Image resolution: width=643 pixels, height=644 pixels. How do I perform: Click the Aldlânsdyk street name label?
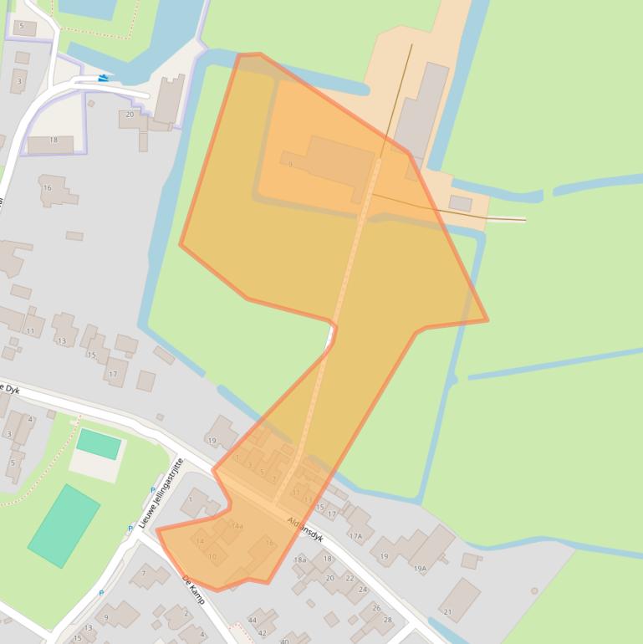(305, 525)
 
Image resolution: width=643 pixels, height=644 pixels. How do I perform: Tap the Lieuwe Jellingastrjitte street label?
(161, 493)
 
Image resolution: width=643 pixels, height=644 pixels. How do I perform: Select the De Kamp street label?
(193, 589)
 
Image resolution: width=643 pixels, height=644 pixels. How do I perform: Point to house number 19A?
(420, 568)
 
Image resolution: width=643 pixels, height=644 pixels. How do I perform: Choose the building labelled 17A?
(356, 536)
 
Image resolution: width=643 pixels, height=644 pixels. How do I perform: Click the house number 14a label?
(237, 526)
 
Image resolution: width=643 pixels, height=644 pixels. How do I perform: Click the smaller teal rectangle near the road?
(99, 443)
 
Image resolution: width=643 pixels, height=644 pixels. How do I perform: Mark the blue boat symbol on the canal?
(103, 78)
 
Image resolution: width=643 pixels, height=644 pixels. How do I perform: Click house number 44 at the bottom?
(253, 620)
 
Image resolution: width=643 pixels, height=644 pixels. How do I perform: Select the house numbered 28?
(387, 620)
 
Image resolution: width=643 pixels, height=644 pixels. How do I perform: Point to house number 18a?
(300, 560)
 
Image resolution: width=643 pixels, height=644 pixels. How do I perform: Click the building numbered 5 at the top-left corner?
(22, 28)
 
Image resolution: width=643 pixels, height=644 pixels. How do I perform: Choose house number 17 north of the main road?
(113, 374)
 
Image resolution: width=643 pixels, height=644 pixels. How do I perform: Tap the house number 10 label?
(212, 556)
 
